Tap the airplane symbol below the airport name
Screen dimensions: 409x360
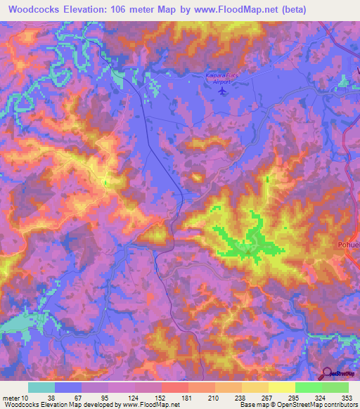click(224, 91)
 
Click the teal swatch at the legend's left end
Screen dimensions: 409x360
click(41, 388)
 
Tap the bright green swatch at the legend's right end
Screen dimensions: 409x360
click(335, 388)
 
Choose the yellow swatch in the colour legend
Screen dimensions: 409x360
click(281, 388)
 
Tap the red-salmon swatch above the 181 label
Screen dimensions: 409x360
click(174, 388)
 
